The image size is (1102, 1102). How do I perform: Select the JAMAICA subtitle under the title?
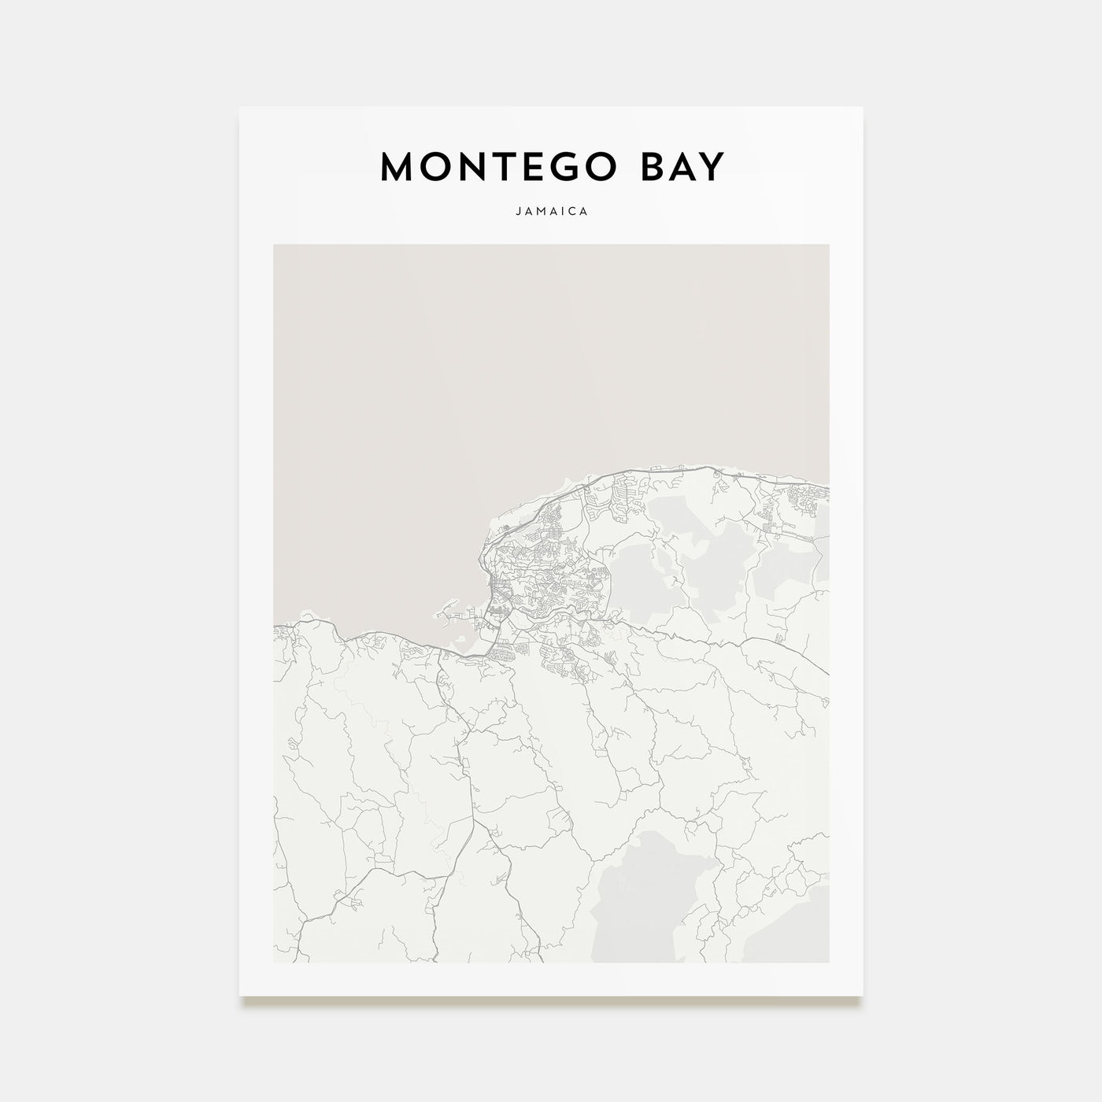coord(551,212)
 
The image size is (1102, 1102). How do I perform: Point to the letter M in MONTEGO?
coord(399,167)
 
